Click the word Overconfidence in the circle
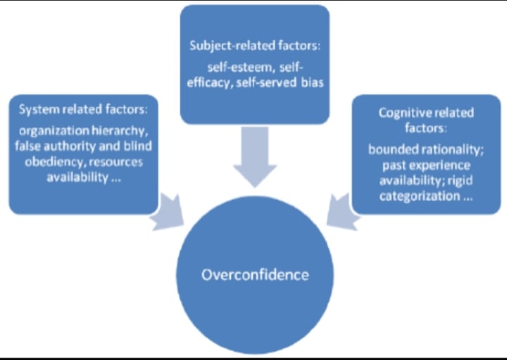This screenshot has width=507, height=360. (x=255, y=274)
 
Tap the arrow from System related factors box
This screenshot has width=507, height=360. (x=169, y=212)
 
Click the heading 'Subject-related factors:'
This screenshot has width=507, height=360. (x=254, y=46)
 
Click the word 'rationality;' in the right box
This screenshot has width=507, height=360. (x=446, y=150)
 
